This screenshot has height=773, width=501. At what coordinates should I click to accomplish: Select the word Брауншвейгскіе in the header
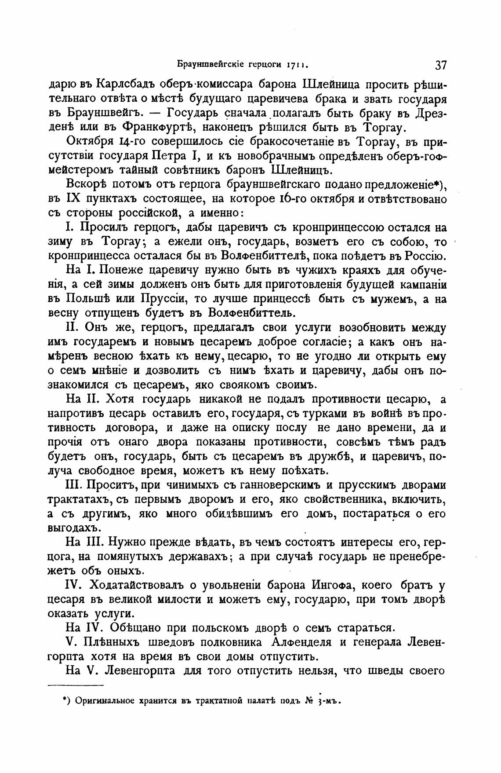pyautogui.click(x=206, y=65)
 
